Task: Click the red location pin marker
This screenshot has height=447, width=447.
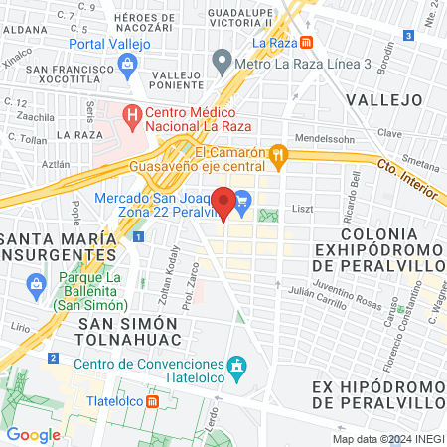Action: (224, 203)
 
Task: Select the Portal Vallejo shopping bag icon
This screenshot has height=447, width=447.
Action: (126, 65)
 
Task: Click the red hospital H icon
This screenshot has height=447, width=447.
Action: (133, 116)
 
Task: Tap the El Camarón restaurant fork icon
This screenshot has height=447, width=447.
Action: (281, 153)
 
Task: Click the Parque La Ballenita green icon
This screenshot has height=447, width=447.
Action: (36, 286)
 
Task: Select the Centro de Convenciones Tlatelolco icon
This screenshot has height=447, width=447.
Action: (237, 369)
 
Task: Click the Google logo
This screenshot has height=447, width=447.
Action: (34, 434)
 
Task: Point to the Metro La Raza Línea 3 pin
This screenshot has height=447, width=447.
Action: (222, 65)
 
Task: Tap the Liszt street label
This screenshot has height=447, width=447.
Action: (302, 210)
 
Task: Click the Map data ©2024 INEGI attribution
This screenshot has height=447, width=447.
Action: (387, 438)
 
